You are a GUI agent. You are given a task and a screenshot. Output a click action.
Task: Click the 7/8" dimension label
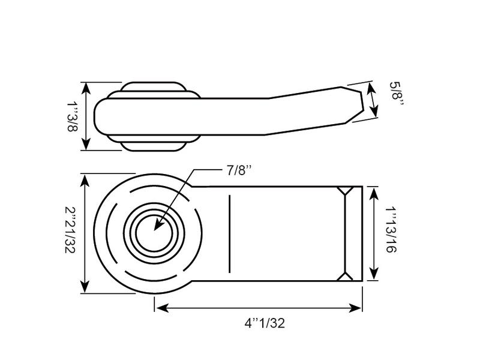pyautogui.click(x=239, y=170)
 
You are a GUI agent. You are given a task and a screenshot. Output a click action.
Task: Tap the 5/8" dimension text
pyautogui.click(x=397, y=94)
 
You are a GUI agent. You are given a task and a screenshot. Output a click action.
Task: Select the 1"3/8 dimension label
pyautogui.click(x=73, y=116)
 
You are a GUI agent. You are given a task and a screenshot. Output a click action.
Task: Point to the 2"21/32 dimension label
pyautogui.click(x=70, y=230)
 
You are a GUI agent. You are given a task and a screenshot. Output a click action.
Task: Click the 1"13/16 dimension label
pyautogui.click(x=391, y=230)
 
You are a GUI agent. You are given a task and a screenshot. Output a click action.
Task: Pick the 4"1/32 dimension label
pyautogui.click(x=265, y=323)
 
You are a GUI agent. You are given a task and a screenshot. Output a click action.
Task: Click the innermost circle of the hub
pyautogui.click(x=154, y=233)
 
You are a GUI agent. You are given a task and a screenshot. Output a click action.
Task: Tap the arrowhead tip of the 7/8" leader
pyautogui.click(x=155, y=230)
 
